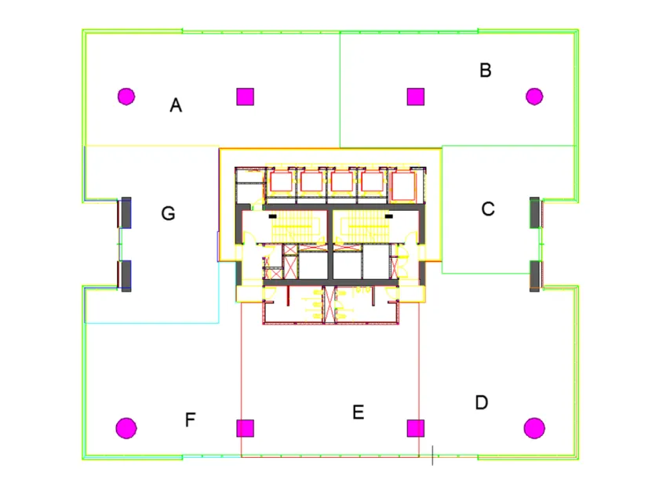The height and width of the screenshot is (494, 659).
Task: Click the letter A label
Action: tap(176, 105)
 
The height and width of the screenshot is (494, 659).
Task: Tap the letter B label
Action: tap(486, 70)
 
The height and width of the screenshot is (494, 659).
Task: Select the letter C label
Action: tap(488, 209)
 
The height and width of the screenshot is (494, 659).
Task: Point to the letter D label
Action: tap(482, 402)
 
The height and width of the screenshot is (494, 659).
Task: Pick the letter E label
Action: tap(359, 412)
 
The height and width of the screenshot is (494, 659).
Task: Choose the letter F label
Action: tap(190, 420)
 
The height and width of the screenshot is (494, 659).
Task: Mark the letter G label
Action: tap(168, 213)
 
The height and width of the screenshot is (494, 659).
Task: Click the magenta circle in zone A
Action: tap(126, 96)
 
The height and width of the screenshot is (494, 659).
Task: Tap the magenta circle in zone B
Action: tap(534, 96)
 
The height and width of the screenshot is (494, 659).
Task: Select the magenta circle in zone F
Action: tap(126, 428)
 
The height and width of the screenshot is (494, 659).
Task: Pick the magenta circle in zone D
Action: tap(534, 428)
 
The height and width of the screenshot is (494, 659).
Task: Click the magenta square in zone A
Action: tap(246, 96)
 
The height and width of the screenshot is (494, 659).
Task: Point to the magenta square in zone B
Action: tap(415, 96)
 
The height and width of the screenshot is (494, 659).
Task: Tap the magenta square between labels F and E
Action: tap(246, 428)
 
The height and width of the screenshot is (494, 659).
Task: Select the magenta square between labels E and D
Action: tap(415, 428)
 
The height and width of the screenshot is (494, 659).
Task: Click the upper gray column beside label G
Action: tap(125, 212)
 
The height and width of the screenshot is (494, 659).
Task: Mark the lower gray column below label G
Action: tap(125, 275)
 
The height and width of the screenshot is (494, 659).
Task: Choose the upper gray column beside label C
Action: tap(535, 212)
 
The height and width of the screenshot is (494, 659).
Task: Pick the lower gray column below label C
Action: tap(535, 275)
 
